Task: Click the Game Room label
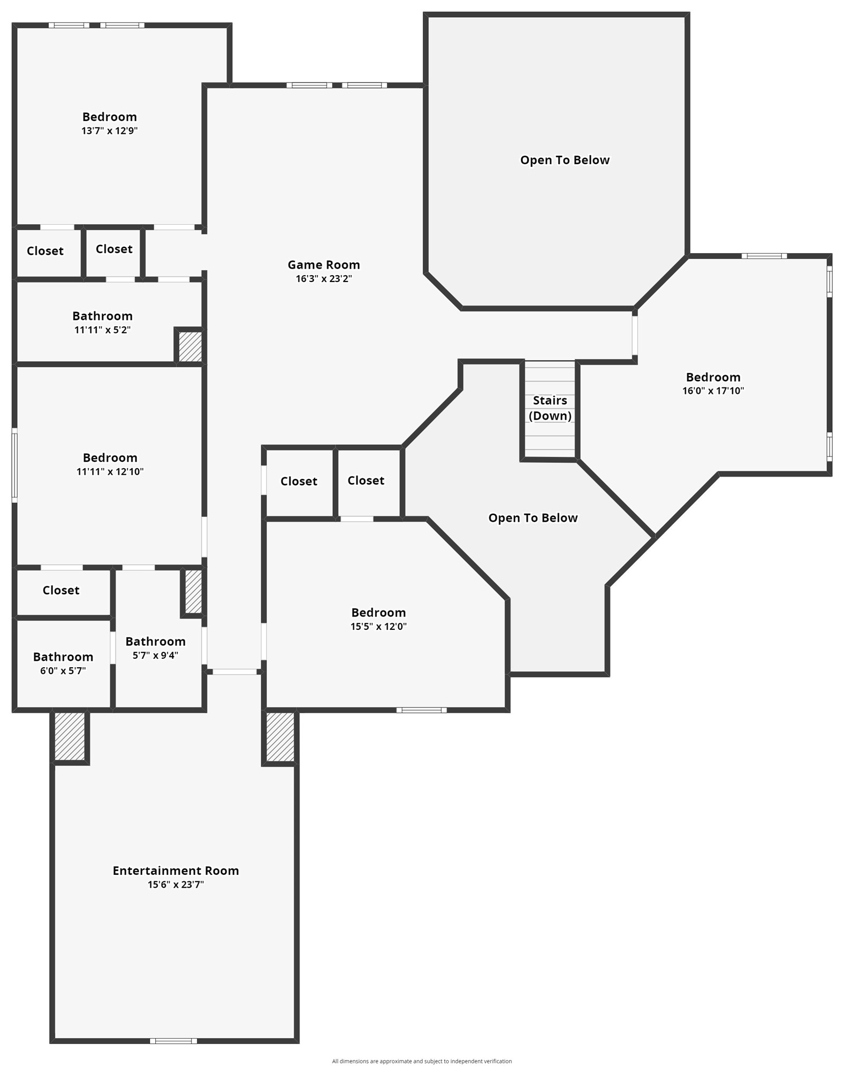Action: point(323,264)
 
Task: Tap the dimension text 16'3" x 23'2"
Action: point(323,279)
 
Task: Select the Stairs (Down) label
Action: point(550,408)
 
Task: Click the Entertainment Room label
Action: point(176,871)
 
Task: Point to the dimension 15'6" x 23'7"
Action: point(176,885)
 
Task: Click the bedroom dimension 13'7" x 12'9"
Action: point(109,131)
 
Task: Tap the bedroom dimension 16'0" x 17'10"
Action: point(713,391)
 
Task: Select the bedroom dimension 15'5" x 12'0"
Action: point(378,627)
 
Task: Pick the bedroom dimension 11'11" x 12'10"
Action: point(110,471)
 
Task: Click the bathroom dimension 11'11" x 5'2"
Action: point(102,330)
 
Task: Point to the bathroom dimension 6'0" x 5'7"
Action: point(63,671)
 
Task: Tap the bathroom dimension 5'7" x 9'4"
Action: point(155,656)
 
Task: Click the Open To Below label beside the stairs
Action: point(533,518)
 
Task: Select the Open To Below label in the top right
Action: point(565,160)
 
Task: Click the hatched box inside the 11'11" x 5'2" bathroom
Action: point(190,347)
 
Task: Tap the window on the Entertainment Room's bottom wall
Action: point(173,1041)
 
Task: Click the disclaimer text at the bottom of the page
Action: point(422,1061)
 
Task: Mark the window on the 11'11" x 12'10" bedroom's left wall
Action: point(14,465)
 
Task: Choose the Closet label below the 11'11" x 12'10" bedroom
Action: point(61,590)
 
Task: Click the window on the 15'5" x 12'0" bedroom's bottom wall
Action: point(421,710)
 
